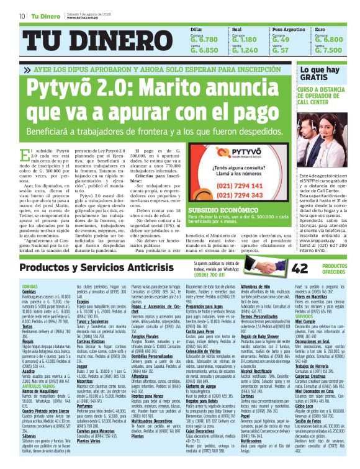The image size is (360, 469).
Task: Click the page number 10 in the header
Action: [x=22, y=16]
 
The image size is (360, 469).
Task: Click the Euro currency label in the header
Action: [x=320, y=29]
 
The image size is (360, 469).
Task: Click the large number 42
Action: [x=300, y=250]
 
